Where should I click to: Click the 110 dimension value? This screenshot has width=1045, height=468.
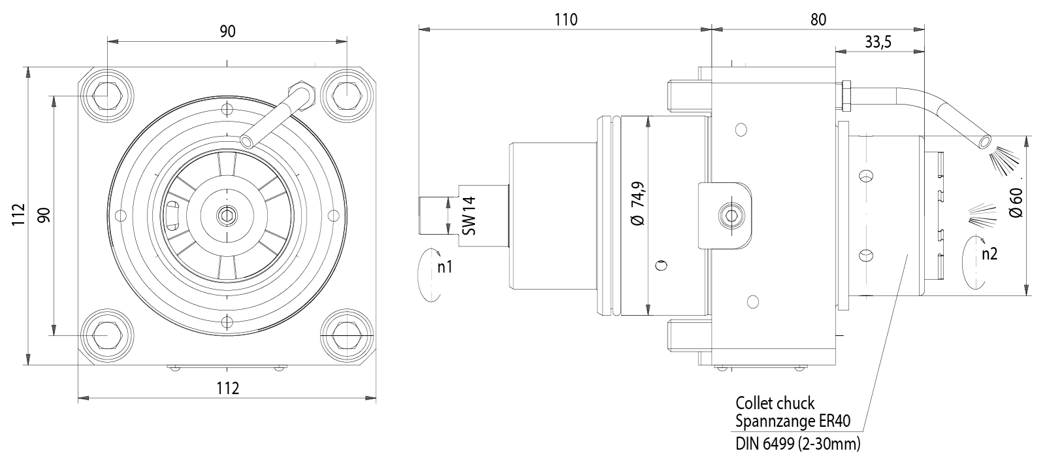(566, 20)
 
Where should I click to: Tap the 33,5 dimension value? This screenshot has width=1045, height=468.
(878, 42)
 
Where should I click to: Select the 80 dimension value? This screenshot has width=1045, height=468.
(818, 20)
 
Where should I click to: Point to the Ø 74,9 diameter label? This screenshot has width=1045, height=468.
(638, 205)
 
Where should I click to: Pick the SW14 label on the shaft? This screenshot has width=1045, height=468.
(469, 216)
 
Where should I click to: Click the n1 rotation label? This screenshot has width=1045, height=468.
(445, 267)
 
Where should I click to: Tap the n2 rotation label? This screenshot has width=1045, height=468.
(989, 254)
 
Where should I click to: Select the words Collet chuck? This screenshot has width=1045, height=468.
(775, 403)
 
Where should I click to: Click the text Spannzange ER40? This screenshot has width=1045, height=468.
(793, 422)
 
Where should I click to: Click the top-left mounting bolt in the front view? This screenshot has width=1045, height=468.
(106, 95)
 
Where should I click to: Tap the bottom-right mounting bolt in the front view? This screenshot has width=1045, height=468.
(347, 334)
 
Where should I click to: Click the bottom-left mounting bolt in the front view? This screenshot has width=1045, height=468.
(106, 334)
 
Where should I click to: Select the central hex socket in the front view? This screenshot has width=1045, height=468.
(227, 214)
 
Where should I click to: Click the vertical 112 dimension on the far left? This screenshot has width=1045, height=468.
(18, 214)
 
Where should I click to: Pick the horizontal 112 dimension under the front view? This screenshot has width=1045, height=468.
(227, 388)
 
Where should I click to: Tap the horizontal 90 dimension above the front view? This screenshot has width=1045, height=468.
(227, 31)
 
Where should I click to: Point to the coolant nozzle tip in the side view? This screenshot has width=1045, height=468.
(985, 141)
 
